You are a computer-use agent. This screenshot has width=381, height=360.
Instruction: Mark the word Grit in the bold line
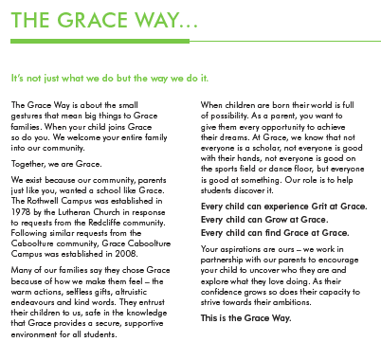tap(302, 207)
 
